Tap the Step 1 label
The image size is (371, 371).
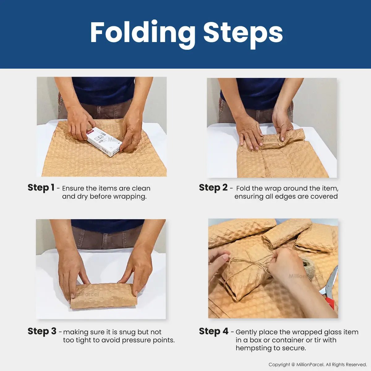[41, 188]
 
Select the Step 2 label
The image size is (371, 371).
[213, 188]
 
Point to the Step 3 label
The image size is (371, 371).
[42, 331]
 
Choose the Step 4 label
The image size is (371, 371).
[214, 331]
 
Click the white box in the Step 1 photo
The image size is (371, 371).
[103, 142]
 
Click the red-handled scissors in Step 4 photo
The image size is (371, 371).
[330, 289]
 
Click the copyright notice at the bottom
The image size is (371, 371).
[318, 365]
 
